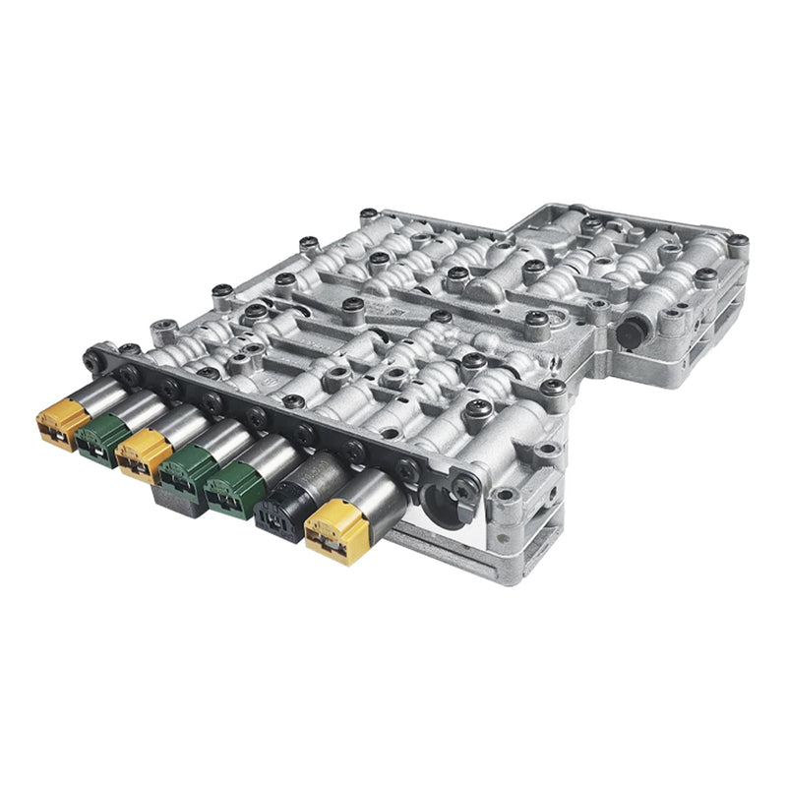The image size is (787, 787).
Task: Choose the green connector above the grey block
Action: click(185, 470)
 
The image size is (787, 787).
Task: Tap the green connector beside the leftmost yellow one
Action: click(101, 437)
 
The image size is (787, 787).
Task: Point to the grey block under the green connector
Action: click(177, 499)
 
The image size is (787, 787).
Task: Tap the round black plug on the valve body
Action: click(634, 331)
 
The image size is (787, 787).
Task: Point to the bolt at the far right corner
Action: click(737, 240)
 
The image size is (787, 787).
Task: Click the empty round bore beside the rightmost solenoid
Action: click(440, 514)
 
